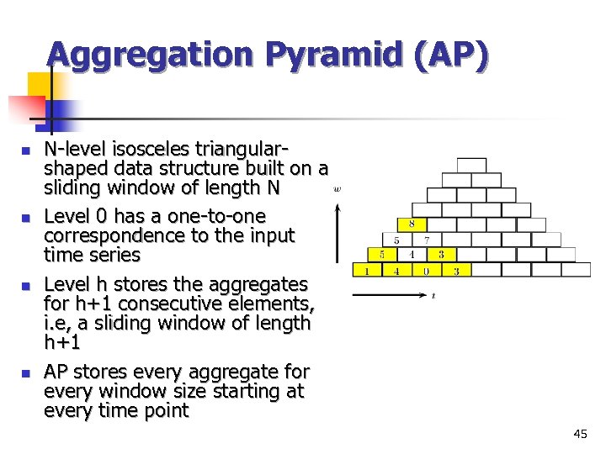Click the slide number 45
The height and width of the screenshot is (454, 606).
tap(580, 434)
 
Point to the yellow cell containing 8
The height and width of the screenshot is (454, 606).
tap(412, 224)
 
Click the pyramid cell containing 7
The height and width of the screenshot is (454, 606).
tap(427, 240)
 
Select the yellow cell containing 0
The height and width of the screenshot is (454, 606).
tap(427, 271)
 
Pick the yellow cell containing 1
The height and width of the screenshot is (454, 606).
tap(366, 271)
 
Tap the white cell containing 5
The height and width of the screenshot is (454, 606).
tap(396, 240)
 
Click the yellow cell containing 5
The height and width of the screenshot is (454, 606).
tap(381, 255)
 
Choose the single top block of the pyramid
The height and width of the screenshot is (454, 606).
tap(472, 164)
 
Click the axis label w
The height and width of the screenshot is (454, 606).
tap(338, 189)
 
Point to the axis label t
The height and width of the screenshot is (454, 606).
tap(433, 296)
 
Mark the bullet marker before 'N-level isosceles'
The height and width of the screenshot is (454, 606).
tap(25, 150)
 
